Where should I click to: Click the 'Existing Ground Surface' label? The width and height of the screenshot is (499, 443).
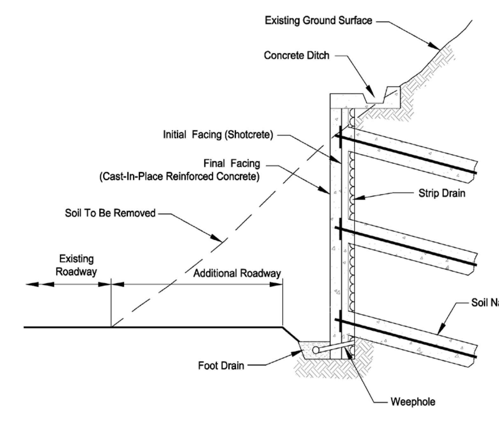pyautogui.click(x=318, y=21)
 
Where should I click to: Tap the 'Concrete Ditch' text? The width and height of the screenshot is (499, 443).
pyautogui.click(x=296, y=56)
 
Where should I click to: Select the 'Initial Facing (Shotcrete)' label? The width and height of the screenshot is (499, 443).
pyautogui.click(x=218, y=135)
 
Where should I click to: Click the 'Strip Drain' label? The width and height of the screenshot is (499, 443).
pyautogui.click(x=441, y=193)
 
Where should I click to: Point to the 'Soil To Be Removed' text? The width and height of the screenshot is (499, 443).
pyautogui.click(x=110, y=213)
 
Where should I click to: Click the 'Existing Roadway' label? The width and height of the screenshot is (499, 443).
pyautogui.click(x=76, y=265)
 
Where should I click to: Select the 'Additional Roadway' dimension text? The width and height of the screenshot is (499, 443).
pyautogui.click(x=237, y=273)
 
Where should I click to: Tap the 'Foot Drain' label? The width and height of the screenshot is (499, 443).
pyautogui.click(x=221, y=366)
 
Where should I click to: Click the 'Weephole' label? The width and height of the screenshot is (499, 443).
pyautogui.click(x=413, y=402)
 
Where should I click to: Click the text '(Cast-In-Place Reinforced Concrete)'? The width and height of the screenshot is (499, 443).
pyautogui.click(x=179, y=176)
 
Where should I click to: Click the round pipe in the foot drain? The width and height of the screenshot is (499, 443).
pyautogui.click(x=316, y=350)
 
